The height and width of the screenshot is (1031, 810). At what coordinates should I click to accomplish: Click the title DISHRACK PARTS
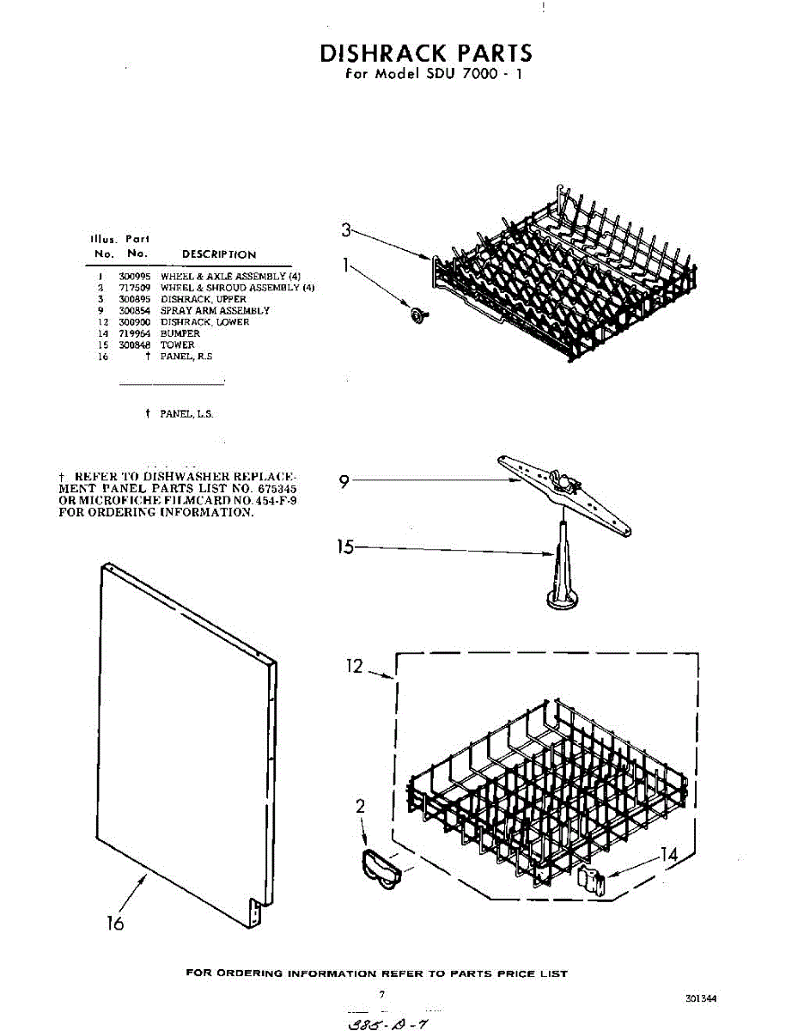pos(426,53)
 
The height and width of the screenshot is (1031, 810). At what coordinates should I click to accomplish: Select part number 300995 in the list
pos(134,276)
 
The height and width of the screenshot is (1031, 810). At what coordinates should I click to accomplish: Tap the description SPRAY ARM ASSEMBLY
pos(215,310)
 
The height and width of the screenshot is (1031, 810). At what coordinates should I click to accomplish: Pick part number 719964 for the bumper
pos(134,333)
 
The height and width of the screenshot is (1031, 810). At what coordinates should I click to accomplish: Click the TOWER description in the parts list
pos(178,345)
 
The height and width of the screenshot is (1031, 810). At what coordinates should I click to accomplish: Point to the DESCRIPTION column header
pos(219,254)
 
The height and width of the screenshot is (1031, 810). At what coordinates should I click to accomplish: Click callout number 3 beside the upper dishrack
pos(345,229)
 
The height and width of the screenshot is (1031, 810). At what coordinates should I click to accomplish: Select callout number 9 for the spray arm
pos(344,482)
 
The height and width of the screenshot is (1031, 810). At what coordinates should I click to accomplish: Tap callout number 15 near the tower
pos(345,546)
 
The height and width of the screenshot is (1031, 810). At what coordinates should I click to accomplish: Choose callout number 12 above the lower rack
pos(355,666)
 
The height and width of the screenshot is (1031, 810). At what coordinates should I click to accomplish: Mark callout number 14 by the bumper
pos(668,855)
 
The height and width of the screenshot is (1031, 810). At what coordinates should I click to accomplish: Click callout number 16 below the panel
pos(114,923)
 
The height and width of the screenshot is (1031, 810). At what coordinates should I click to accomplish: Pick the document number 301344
pos(701,998)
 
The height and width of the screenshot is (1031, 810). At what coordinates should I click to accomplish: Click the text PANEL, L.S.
pos(186,414)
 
